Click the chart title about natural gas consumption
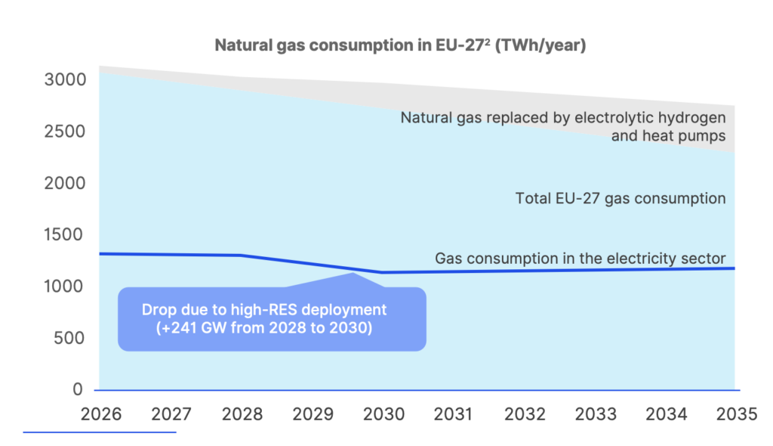coord(401,45)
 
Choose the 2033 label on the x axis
coord(596,414)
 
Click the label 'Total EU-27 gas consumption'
coord(621,199)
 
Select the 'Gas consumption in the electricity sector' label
coord(580,259)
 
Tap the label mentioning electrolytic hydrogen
coord(563,118)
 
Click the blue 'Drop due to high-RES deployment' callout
coord(272,318)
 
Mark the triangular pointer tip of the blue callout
coord(353,273)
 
